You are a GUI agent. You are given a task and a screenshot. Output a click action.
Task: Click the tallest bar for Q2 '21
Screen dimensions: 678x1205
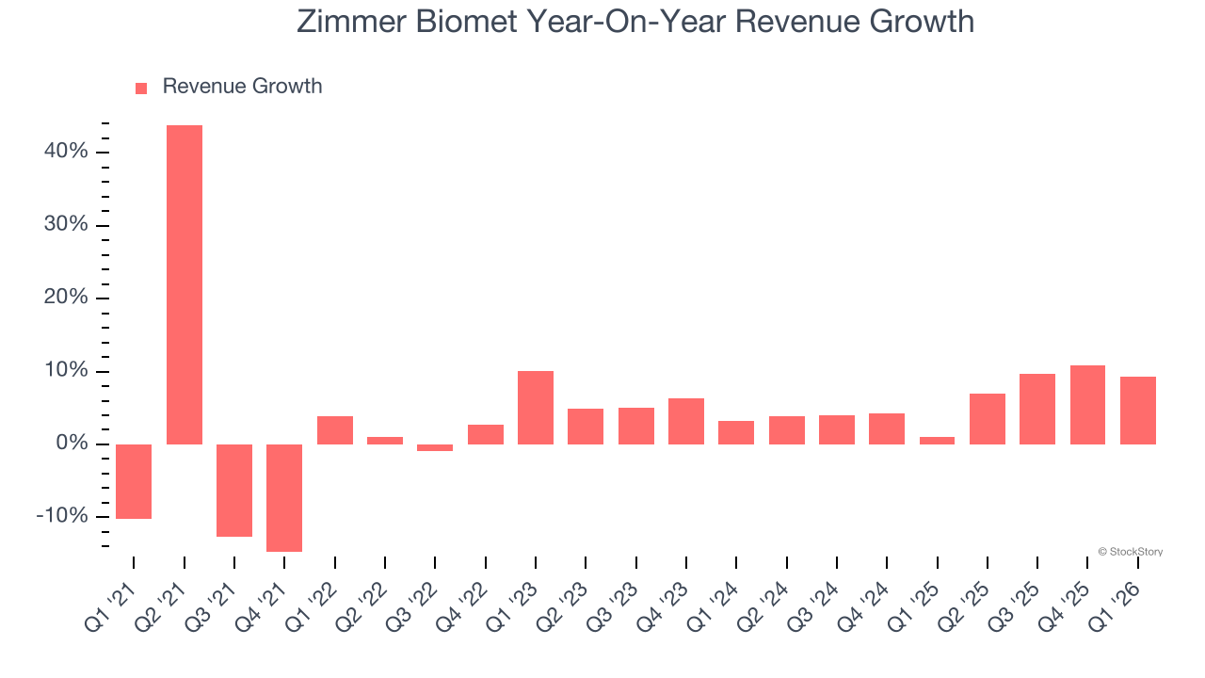[185, 284]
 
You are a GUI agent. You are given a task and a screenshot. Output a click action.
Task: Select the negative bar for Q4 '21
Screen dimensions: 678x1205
[284, 497]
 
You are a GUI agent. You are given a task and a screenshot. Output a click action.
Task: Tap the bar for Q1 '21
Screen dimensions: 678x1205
[134, 481]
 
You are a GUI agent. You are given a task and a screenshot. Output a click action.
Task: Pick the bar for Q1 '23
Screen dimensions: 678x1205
[536, 408]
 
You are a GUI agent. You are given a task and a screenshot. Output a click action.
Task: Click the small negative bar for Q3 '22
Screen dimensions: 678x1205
[435, 447]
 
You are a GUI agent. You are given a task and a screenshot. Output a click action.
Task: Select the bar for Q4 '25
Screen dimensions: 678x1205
[1087, 405]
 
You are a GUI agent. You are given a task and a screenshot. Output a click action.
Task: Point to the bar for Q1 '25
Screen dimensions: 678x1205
[937, 440]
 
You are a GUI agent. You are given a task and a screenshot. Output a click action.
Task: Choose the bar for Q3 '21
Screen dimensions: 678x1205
[234, 490]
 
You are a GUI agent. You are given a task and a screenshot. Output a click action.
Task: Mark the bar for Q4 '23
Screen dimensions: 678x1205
[686, 421]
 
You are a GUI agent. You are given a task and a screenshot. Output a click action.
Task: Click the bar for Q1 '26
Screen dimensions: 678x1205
[1138, 411]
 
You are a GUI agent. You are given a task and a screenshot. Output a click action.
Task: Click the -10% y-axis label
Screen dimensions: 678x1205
[62, 516]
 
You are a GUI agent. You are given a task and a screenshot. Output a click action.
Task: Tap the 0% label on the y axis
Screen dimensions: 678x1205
[72, 444]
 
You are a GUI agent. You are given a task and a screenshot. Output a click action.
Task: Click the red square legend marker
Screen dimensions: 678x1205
[141, 89]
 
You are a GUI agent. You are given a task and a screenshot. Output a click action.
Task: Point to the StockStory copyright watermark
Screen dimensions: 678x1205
[1130, 552]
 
